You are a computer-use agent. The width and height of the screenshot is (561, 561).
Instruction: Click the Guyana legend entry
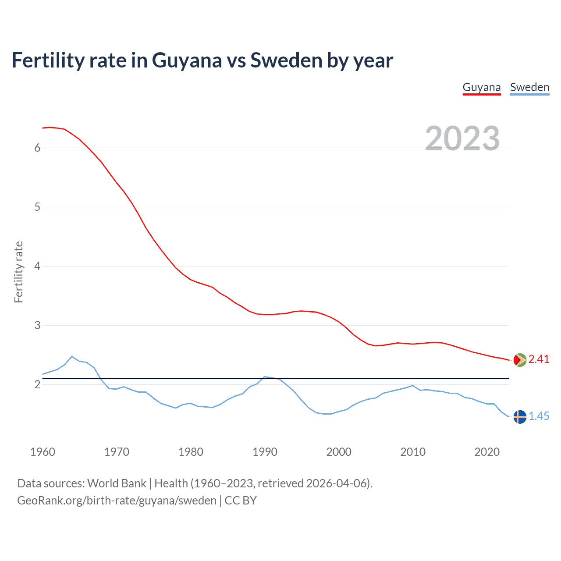[482, 87]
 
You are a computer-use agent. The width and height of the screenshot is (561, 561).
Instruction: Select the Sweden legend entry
[529, 87]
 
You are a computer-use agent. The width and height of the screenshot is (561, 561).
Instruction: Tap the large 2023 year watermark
[462, 138]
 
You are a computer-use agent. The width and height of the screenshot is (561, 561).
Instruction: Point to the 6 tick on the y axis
[37, 148]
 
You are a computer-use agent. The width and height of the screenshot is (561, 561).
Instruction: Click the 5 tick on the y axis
[37, 207]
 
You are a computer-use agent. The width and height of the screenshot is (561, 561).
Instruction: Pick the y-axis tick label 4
[37, 266]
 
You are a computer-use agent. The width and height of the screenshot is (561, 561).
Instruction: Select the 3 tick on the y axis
[37, 325]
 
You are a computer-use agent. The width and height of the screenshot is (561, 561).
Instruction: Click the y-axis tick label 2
[37, 384]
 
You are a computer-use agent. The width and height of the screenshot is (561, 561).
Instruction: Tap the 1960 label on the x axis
[43, 452]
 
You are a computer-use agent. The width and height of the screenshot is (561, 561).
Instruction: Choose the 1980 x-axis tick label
[191, 452]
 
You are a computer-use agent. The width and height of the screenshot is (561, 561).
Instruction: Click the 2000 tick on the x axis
[339, 452]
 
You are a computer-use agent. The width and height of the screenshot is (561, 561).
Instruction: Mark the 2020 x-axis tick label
[487, 452]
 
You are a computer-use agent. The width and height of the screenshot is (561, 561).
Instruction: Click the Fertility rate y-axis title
[18, 272]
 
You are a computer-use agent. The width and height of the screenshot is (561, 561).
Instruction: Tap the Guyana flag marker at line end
[520, 360]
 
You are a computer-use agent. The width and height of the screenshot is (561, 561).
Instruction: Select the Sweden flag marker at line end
[520, 417]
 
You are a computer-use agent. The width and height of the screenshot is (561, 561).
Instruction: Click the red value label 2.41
[539, 359]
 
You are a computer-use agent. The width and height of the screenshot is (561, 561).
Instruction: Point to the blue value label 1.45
[539, 416]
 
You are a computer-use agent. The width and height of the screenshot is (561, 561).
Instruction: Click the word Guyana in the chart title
[187, 60]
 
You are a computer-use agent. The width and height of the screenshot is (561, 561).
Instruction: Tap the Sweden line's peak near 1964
[72, 356]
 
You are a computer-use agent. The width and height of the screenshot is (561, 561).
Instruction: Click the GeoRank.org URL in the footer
[117, 501]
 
